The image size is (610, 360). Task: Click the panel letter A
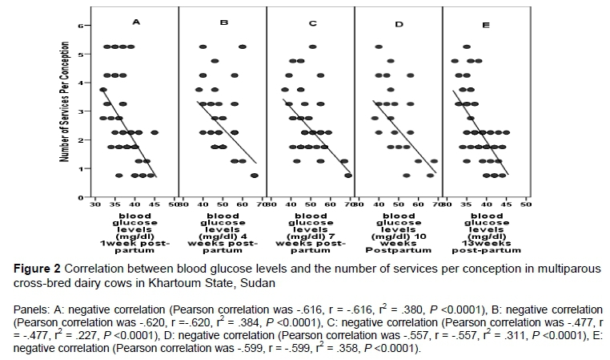(x=136, y=22)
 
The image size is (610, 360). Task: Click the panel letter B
(x=224, y=23)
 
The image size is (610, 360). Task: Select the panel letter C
(x=311, y=23)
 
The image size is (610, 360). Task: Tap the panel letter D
(x=399, y=24)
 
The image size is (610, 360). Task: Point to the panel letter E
(x=487, y=26)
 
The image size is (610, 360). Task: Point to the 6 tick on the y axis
(x=80, y=26)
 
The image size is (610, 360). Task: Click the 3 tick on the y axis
(x=80, y=111)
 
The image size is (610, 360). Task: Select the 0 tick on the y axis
(x=80, y=197)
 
